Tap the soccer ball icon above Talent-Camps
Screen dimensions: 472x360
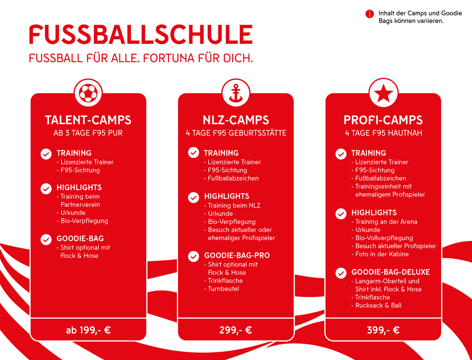(88, 93)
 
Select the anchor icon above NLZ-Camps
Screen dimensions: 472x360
(236, 93)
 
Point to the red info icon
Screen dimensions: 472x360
(369, 14)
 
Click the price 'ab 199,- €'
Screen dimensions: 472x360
(88, 330)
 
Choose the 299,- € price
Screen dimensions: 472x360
(236, 330)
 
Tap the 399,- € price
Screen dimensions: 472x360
(383, 330)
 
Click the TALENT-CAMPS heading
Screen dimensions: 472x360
(88, 120)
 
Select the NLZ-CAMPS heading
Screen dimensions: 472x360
(236, 120)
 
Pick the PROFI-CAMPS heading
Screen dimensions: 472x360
(383, 120)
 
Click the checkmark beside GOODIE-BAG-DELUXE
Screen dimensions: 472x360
(341, 273)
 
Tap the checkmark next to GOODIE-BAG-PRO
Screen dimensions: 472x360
(194, 256)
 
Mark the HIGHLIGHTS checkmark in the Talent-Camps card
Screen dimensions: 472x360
(46, 188)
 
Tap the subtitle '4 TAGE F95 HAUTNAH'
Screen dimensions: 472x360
(383, 133)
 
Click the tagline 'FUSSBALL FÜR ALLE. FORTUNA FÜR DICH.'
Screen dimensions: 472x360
(141, 58)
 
